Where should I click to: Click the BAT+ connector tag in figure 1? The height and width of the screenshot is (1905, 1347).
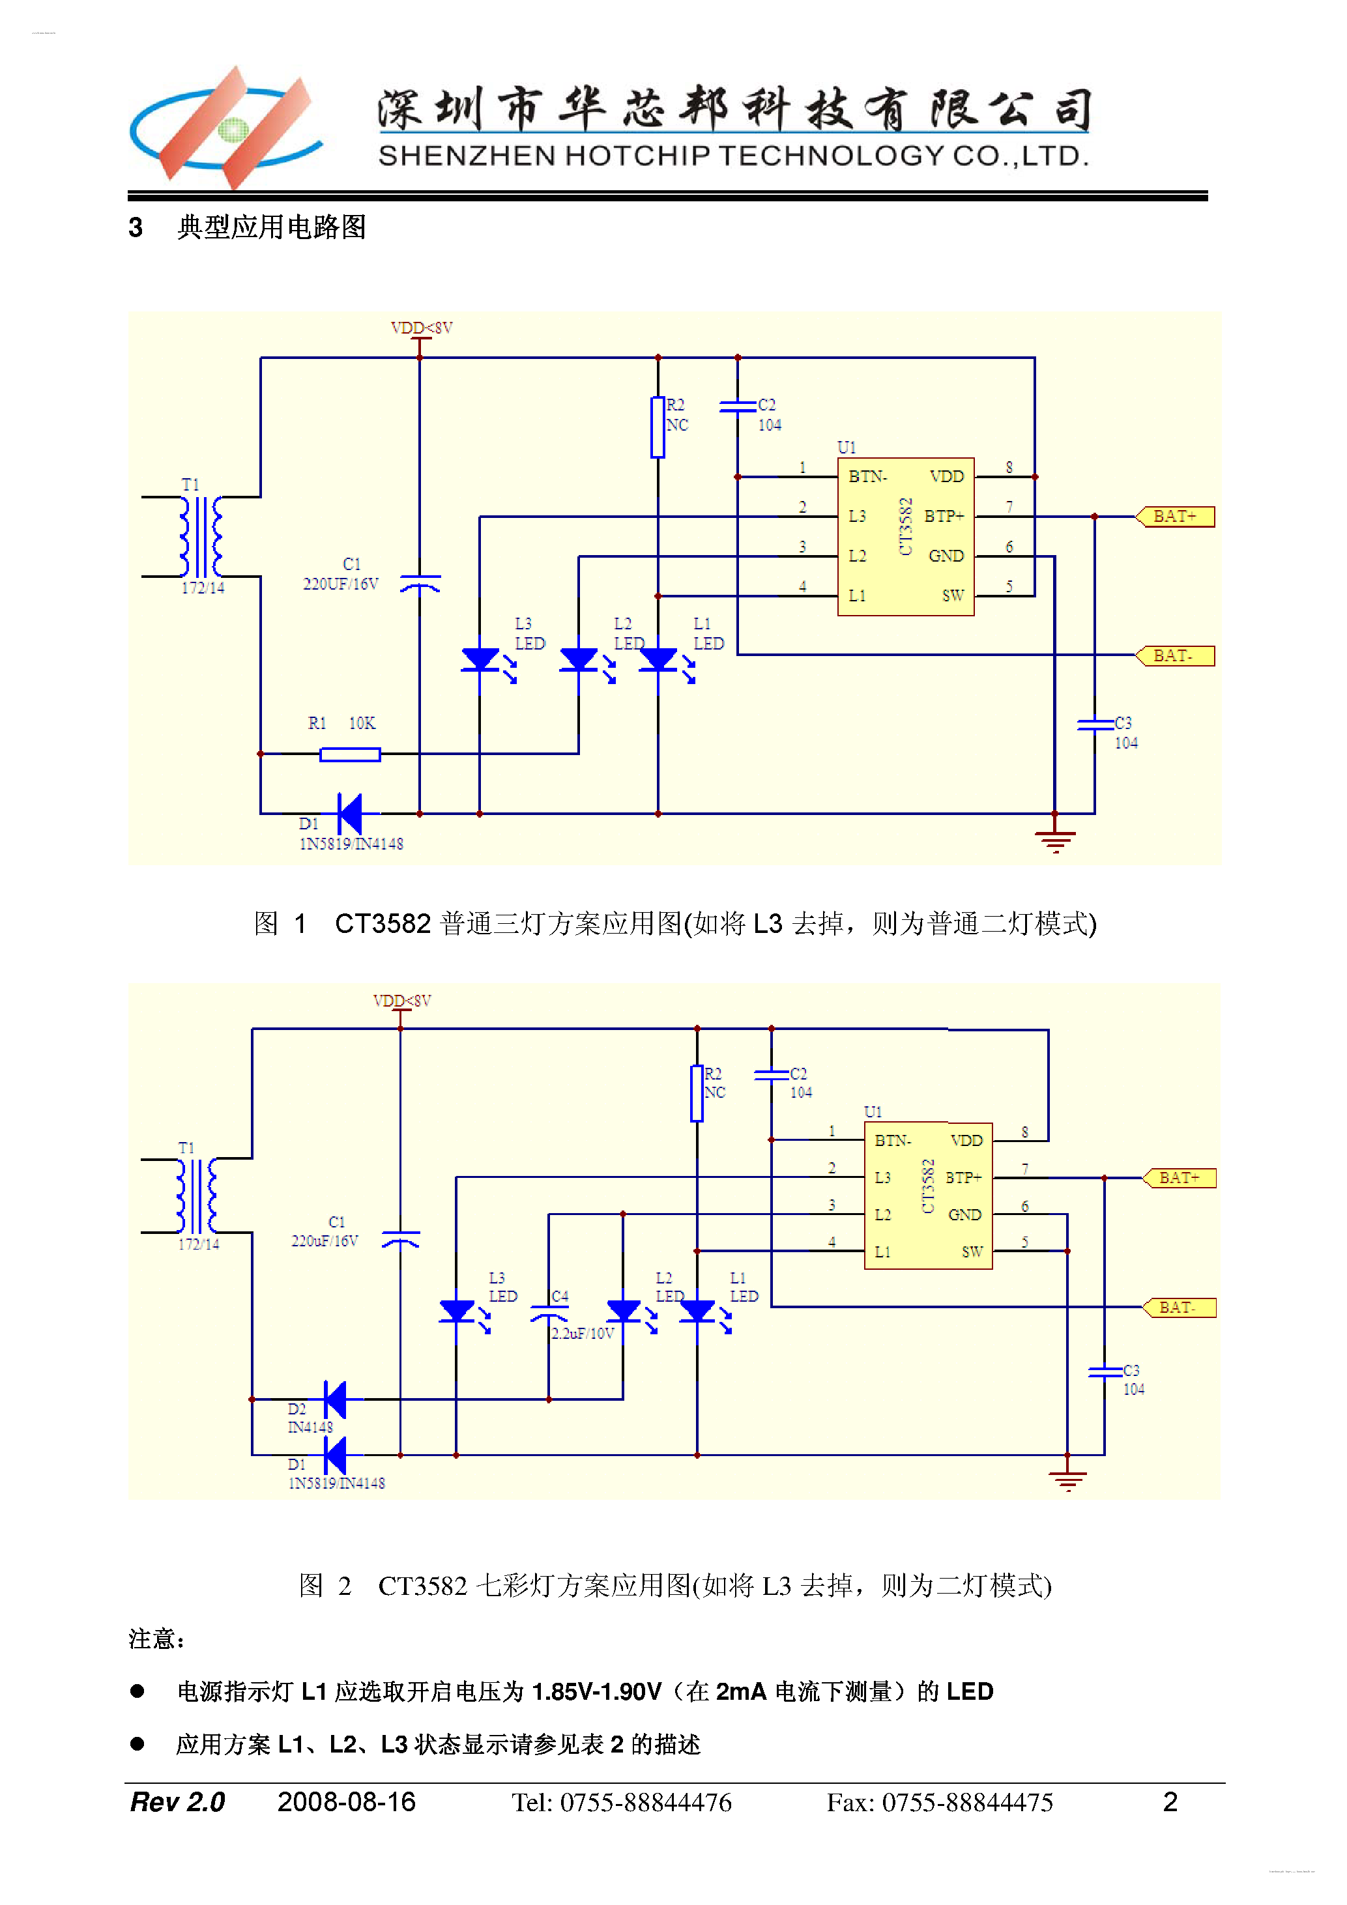1175,516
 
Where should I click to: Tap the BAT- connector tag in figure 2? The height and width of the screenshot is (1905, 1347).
1180,1308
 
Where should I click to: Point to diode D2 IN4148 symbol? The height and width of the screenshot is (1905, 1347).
336,1399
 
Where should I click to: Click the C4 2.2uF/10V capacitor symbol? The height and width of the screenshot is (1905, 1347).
549,1315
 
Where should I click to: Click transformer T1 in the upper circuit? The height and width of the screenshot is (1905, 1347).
201,537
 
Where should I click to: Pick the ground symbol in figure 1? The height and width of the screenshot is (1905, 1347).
1055,840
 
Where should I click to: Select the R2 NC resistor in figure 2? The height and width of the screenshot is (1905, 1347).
697,1093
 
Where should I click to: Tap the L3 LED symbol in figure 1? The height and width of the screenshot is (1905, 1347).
480,659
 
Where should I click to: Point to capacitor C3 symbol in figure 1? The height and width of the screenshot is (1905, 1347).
1095,724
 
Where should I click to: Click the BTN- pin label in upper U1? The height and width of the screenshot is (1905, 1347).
867,476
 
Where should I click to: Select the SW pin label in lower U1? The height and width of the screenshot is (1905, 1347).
972,1252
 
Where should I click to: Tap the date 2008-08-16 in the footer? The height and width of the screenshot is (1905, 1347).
346,1802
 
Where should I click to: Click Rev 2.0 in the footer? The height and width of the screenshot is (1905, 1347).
178,1802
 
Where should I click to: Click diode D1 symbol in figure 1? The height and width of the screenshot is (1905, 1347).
350,813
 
